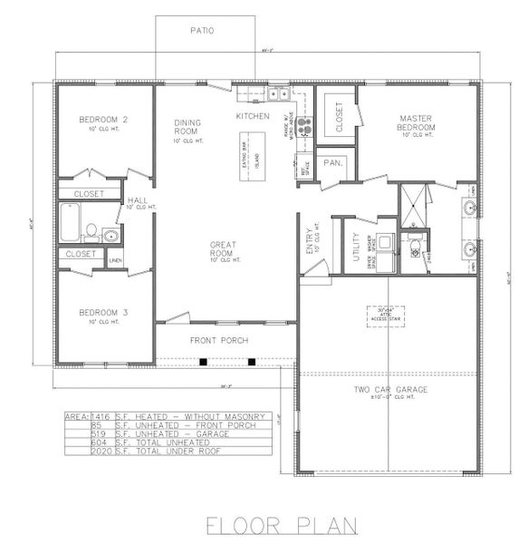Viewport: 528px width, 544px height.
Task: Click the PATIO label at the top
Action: pyautogui.click(x=201, y=30)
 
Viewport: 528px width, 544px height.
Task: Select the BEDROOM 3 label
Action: pyautogui.click(x=101, y=312)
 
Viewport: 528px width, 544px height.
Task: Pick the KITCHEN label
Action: pyautogui.click(x=253, y=116)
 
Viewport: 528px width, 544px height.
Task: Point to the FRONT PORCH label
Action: pyautogui.click(x=218, y=340)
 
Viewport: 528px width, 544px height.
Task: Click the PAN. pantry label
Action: pyautogui.click(x=332, y=163)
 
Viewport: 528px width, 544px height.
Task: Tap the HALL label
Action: pyautogui.click(x=137, y=201)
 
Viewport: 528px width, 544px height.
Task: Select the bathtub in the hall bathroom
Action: pyautogui.click(x=71, y=222)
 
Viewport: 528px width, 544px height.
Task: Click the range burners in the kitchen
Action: pyautogui.click(x=305, y=126)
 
